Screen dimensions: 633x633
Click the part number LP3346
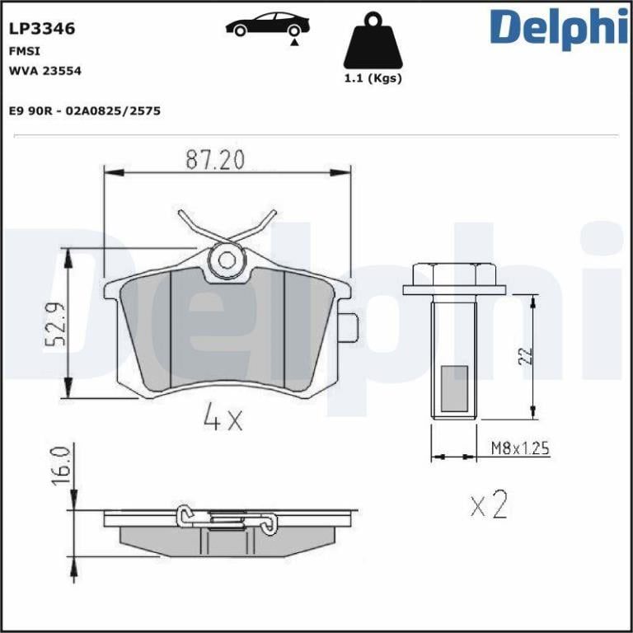(x=42, y=29)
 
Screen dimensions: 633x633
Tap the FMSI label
(x=21, y=50)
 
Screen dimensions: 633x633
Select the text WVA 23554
(x=45, y=70)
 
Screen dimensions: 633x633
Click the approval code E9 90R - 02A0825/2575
(x=84, y=110)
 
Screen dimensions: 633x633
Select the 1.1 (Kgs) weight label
(x=373, y=79)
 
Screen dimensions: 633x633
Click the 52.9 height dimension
(x=55, y=326)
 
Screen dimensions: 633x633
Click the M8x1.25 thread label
(x=519, y=449)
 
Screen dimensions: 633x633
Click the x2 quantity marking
(x=489, y=504)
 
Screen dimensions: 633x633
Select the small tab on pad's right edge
(x=349, y=327)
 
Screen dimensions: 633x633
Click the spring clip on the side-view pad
(x=225, y=518)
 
